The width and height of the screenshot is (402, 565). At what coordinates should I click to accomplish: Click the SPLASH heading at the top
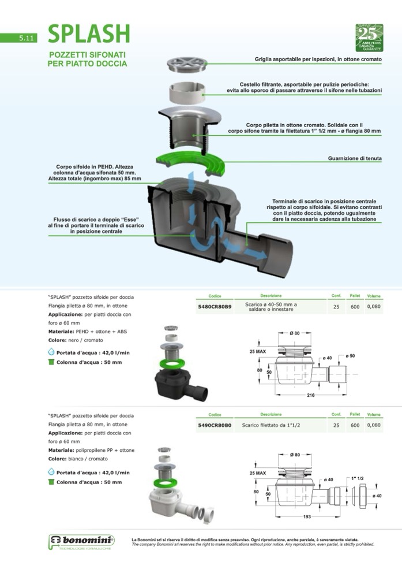pyautogui.click(x=88, y=35)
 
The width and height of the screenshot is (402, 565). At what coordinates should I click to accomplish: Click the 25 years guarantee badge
pyautogui.click(x=369, y=38)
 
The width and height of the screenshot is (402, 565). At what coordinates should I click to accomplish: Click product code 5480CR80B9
pyautogui.click(x=215, y=307)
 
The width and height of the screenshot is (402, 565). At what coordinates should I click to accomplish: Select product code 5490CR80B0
pyautogui.click(x=215, y=425)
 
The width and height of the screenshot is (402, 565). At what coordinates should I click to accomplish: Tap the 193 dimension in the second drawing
pyautogui.click(x=307, y=516)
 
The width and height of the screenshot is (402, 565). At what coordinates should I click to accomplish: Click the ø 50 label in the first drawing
pyautogui.click(x=350, y=355)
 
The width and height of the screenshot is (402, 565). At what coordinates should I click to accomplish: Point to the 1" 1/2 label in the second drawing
pyautogui.click(x=357, y=478)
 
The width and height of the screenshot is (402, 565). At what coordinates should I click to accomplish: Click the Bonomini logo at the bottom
pyautogui.click(x=81, y=541)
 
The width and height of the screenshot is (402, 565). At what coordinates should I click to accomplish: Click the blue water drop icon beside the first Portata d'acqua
pyautogui.click(x=51, y=351)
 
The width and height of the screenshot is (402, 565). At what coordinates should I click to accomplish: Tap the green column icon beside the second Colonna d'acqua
pyautogui.click(x=51, y=482)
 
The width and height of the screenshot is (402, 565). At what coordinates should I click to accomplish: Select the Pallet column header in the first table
pyautogui.click(x=355, y=295)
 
